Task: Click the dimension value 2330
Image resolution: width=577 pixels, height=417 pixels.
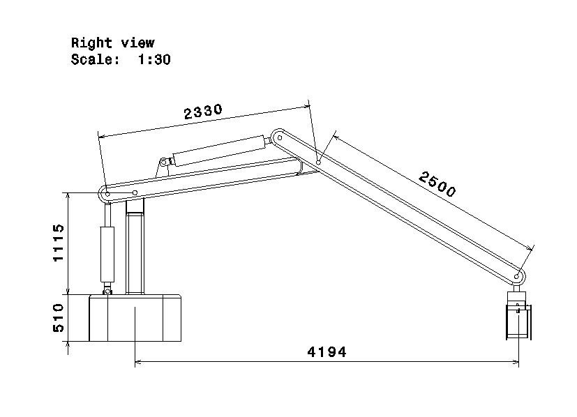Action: point(203,112)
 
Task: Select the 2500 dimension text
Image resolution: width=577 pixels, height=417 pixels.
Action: point(437,184)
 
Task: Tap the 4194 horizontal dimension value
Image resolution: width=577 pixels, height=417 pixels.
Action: point(327,352)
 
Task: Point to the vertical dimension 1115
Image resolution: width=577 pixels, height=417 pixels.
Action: point(59,243)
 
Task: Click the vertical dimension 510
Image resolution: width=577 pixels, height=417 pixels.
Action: point(59,318)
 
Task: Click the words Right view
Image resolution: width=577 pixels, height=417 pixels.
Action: point(112,43)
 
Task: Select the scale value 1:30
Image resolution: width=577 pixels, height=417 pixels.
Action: point(154,59)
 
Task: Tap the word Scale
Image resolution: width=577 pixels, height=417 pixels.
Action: point(96,59)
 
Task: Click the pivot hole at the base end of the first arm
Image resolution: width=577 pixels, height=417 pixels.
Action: point(107,194)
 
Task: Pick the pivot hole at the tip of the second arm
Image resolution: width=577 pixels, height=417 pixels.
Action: point(516,276)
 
